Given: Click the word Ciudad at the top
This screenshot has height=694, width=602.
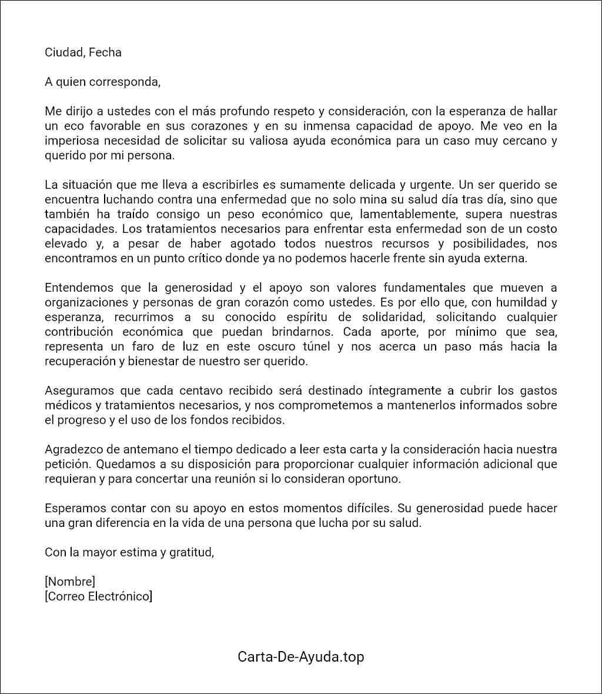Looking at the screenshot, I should (x=63, y=52).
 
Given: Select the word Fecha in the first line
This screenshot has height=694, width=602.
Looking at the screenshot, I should (x=105, y=52).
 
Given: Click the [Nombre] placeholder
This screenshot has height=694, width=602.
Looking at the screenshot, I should (x=70, y=582).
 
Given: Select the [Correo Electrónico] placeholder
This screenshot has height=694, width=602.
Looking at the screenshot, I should (x=98, y=597).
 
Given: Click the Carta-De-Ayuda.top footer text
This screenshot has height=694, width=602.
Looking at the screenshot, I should (x=301, y=657).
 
